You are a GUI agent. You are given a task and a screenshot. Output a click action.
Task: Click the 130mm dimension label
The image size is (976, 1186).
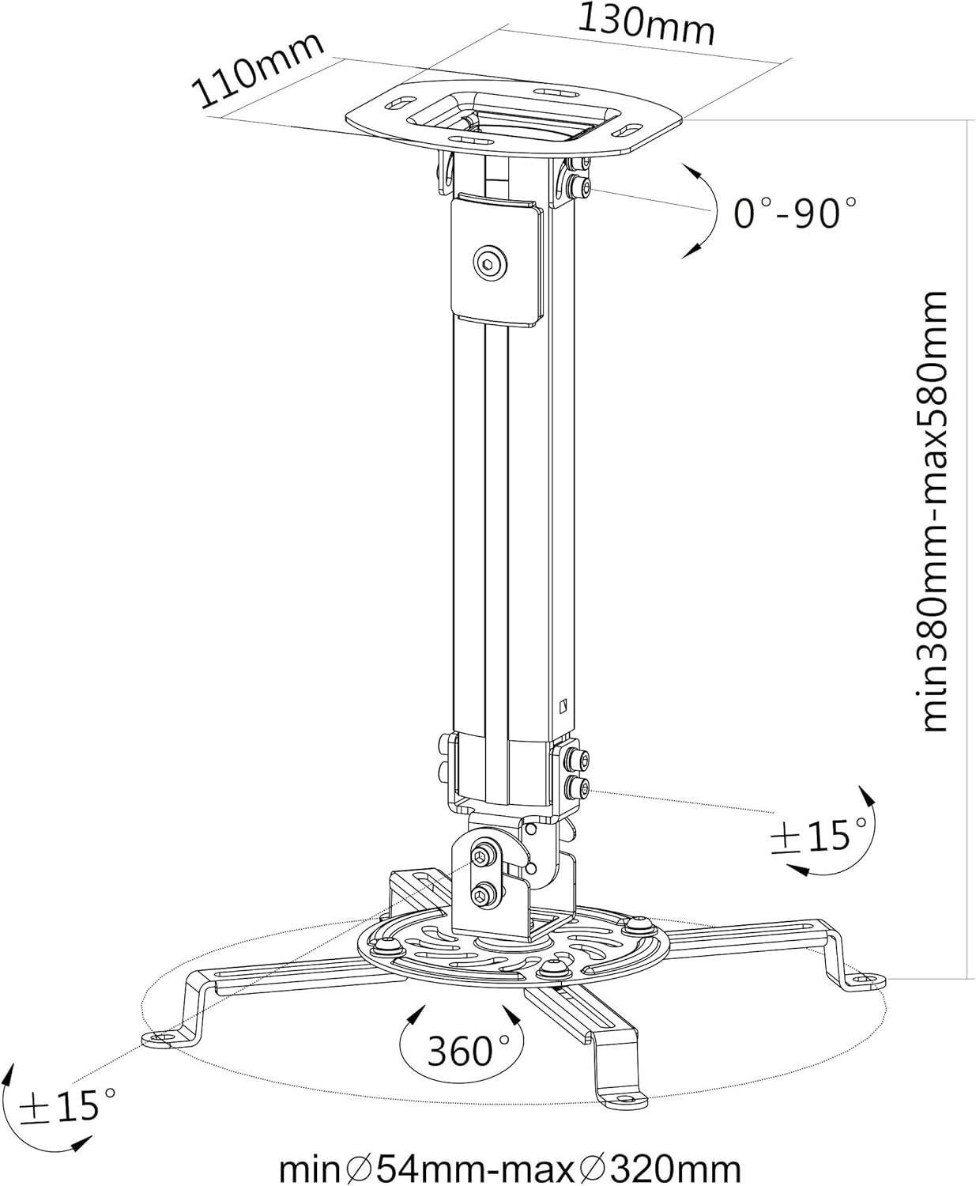click(x=646, y=25)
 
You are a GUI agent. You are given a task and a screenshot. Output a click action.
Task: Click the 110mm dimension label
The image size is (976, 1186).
click(x=260, y=71)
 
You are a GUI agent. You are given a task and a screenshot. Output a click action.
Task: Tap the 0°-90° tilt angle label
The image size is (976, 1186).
click(x=795, y=213)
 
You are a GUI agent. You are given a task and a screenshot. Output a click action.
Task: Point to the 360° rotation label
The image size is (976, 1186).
click(x=461, y=1051)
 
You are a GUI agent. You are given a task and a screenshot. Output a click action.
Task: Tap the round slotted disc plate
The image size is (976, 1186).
click(x=514, y=947)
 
